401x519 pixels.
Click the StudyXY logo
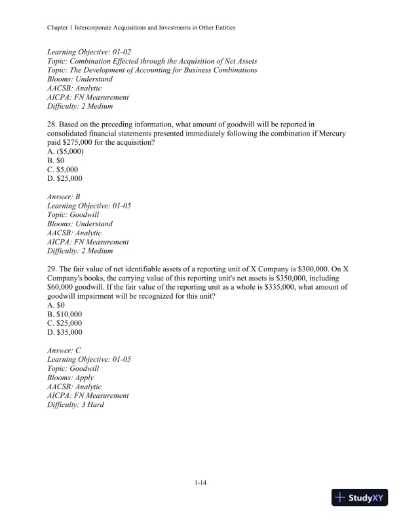pos(361,497)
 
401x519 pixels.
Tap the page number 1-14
pos(200,484)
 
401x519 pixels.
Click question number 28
pos(52,123)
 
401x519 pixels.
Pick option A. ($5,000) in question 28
pos(66,151)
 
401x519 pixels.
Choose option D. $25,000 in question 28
pos(65,178)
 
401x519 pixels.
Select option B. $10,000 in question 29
pos(65,315)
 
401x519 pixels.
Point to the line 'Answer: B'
pos(64,197)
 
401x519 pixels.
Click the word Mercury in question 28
pos(332,132)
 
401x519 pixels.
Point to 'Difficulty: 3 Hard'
pos(76,405)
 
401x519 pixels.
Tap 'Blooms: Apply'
pos(71,377)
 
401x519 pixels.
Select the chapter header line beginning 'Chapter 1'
pos(142,28)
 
